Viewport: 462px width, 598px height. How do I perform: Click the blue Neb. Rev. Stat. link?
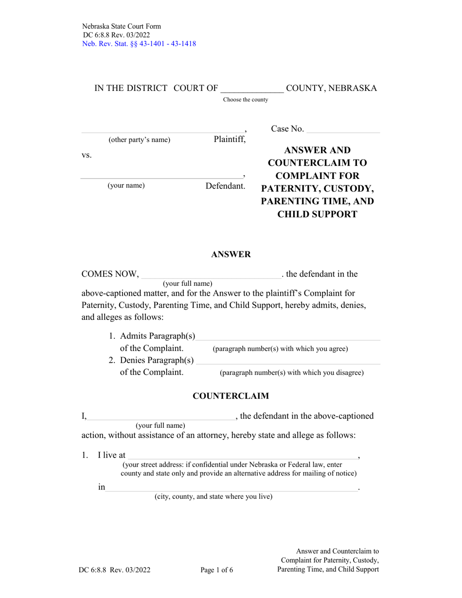click(139, 44)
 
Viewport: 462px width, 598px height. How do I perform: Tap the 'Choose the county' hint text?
click(245, 100)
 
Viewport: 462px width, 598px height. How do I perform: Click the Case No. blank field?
click(344, 129)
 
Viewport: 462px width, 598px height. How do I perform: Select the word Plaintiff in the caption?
click(230, 140)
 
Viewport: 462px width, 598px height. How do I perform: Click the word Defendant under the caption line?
click(225, 186)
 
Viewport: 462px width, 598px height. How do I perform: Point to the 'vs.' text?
click(87, 155)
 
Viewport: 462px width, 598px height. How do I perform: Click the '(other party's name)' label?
click(139, 140)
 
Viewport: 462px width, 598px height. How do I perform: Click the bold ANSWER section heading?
click(231, 254)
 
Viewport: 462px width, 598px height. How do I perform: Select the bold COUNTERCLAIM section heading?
click(231, 396)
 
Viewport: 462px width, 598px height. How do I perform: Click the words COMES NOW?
click(110, 274)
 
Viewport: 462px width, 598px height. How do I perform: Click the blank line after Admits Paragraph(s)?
click(288, 337)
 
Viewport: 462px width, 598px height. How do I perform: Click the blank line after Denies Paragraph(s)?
click(288, 361)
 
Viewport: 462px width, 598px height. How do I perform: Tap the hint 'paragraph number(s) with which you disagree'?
click(292, 373)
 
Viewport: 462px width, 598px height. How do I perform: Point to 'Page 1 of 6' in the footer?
click(217, 570)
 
